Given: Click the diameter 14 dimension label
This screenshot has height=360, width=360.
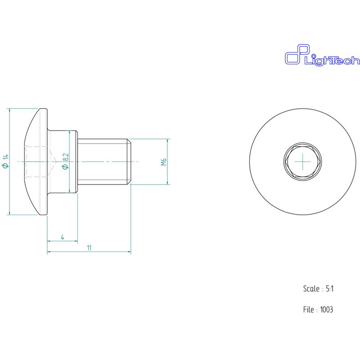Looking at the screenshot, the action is tap(6, 162).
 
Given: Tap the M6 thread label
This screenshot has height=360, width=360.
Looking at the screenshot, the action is tap(163, 162).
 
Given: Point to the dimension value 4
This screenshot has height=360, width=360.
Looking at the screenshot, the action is tap(63, 237).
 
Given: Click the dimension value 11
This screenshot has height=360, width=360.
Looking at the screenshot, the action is tap(89, 248).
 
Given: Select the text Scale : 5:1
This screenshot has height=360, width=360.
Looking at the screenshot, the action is tap(319, 288).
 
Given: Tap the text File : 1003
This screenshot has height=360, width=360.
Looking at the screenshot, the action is tap(318, 310).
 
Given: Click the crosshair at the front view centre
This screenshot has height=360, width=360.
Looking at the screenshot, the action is tap(303, 162).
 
